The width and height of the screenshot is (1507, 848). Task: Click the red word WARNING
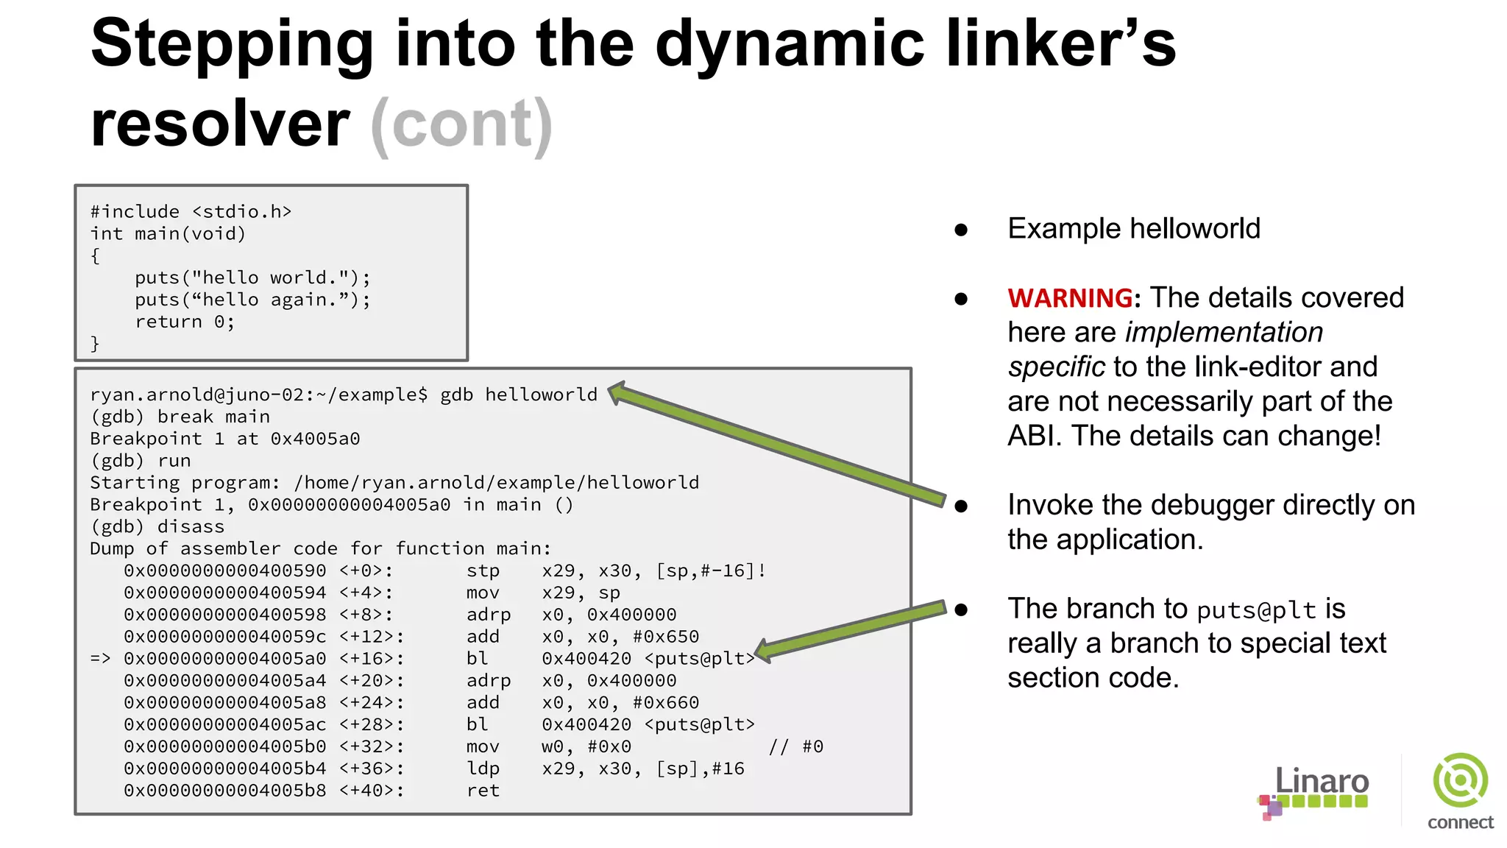coord(1070,298)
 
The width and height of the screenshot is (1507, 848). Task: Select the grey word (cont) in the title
coord(461,124)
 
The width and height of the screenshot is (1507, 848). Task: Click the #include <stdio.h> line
coord(191,212)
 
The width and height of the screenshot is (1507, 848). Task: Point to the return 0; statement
coord(185,322)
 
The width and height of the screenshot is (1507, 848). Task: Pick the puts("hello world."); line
coord(252,278)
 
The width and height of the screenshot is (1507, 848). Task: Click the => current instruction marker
coord(100,658)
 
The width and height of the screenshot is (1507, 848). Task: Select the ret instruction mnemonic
coord(483,791)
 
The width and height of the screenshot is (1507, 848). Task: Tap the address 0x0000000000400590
coord(224,570)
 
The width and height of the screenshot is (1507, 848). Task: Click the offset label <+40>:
coord(371,791)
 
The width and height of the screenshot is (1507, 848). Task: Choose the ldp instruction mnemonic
coord(483,768)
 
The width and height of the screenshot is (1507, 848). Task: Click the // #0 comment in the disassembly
coord(795,746)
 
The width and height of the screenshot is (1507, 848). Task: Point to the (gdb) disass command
coord(157,526)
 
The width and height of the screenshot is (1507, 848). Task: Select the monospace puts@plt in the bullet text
coord(1256,610)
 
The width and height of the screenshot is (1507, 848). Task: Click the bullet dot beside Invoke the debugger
coord(961,506)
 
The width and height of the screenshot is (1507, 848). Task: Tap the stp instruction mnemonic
coord(483,570)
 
